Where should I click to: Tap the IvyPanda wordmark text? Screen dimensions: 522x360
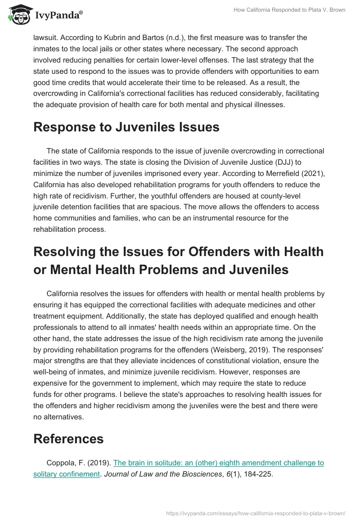tap(58, 16)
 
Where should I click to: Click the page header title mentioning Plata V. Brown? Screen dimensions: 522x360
tap(289, 10)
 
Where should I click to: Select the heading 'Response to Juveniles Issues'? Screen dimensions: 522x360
tap(126, 127)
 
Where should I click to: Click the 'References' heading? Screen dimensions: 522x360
tap(68, 439)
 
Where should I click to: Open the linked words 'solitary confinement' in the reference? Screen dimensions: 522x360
tap(66, 474)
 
